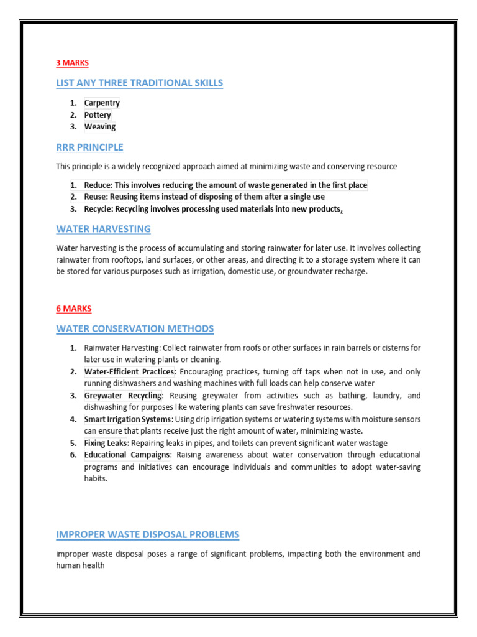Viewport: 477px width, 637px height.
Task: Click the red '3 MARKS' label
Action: click(73, 63)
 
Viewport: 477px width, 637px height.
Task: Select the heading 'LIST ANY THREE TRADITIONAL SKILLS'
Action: click(139, 83)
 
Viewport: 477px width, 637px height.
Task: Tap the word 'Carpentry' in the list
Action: click(102, 103)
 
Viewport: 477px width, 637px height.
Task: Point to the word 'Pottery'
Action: click(98, 115)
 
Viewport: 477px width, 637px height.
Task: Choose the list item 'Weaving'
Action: click(100, 127)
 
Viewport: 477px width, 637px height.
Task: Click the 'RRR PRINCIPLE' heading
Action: click(89, 147)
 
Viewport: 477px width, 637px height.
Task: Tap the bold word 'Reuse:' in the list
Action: click(96, 197)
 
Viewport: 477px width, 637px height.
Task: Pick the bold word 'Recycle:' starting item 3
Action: click(99, 209)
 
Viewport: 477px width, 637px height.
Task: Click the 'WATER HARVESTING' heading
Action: click(103, 229)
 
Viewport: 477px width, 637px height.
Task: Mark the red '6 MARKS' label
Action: click(73, 309)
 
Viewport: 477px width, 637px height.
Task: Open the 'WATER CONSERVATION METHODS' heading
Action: click(135, 328)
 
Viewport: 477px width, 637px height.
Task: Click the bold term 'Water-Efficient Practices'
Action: click(129, 372)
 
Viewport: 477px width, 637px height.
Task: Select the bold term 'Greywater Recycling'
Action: click(123, 396)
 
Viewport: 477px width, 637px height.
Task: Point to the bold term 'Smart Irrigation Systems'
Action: click(128, 419)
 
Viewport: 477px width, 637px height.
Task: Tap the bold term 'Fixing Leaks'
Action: click(105, 443)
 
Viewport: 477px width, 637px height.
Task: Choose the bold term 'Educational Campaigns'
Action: click(127, 455)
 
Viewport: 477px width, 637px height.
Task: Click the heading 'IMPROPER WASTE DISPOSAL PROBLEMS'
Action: click(147, 535)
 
